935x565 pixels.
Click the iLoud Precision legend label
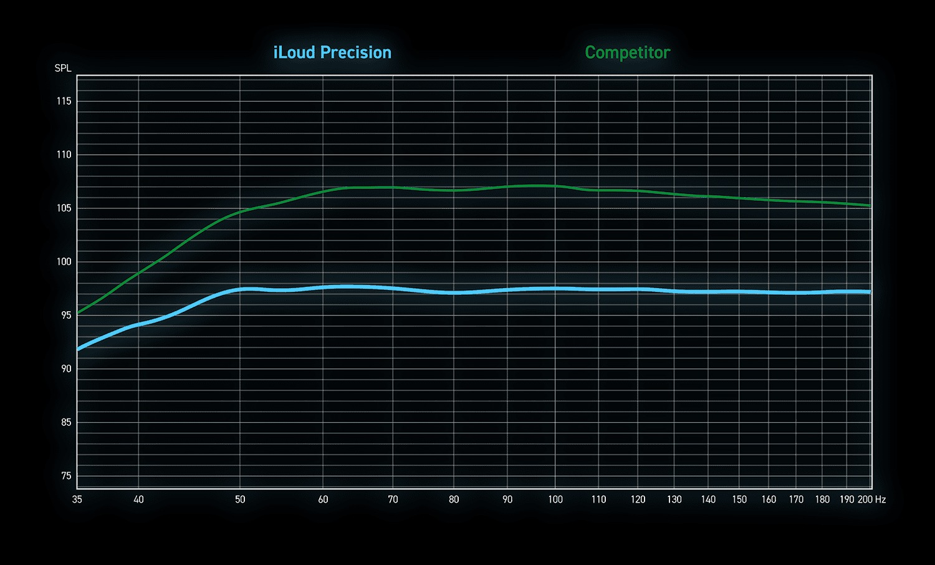coord(332,52)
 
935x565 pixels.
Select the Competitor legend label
coord(627,52)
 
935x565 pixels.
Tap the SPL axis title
coord(63,68)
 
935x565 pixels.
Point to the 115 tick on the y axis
coord(64,101)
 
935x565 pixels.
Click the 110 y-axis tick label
coord(64,155)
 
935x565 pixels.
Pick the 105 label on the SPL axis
coord(64,208)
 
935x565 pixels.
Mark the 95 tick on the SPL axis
coord(65,316)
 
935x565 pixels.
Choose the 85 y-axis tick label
coord(65,422)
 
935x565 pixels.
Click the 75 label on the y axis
coord(66,476)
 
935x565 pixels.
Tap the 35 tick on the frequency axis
coord(77,499)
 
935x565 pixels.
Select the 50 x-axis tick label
coord(240,499)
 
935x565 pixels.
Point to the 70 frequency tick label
coord(393,499)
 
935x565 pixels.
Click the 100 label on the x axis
coord(555,499)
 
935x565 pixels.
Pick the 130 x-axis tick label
coord(674,499)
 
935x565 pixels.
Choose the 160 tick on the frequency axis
coord(769,499)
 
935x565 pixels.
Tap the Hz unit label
coord(880,499)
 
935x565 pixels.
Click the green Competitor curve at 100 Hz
coord(555,186)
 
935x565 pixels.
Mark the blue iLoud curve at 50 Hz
coord(240,289)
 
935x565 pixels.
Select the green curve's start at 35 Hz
coord(78,312)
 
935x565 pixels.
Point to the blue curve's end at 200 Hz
coord(870,292)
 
